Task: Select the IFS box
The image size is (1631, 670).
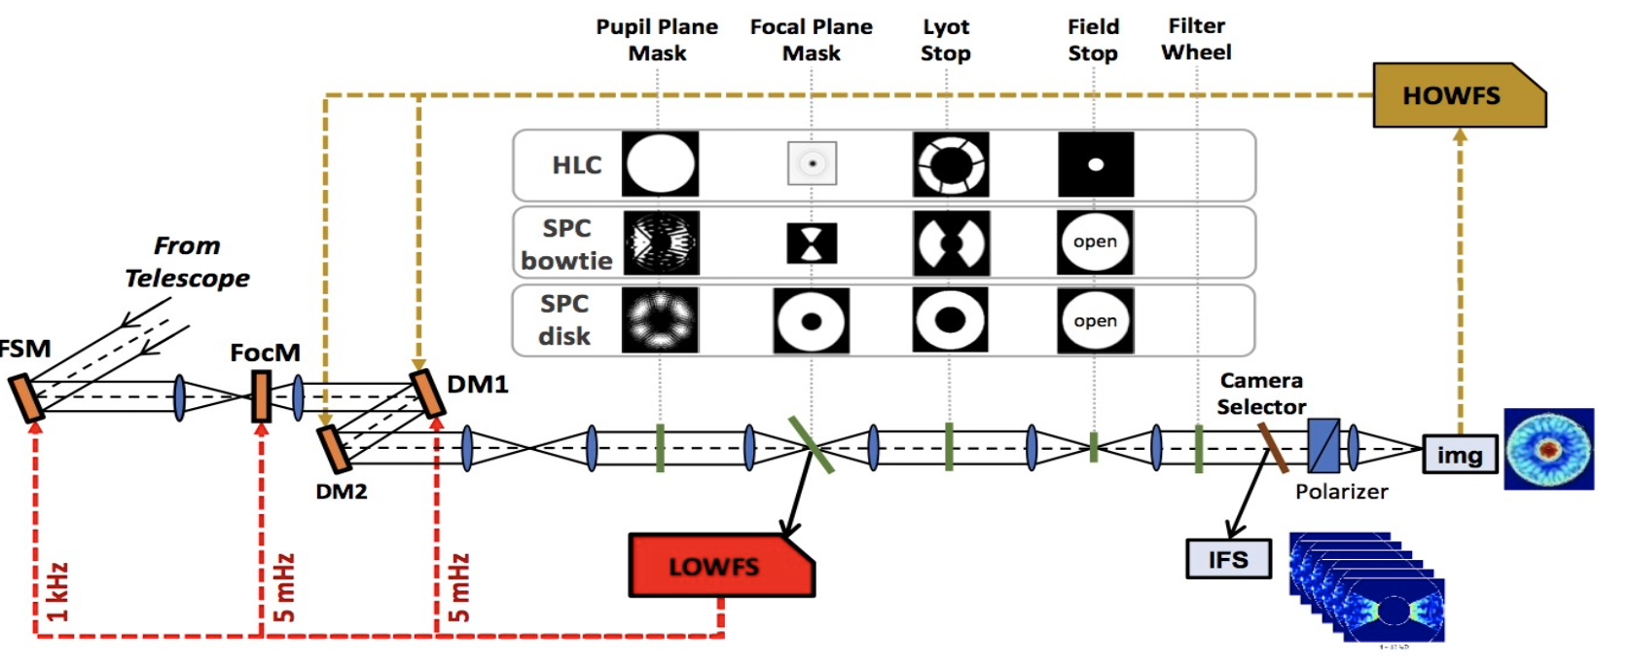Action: pos(1228,559)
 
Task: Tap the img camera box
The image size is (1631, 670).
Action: pos(1459,455)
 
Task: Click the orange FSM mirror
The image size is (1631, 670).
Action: pos(27,397)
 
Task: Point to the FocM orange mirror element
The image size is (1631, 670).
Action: pos(261,395)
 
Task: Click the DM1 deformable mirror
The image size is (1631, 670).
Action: pos(427,392)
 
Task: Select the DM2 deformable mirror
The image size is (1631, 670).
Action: pos(333,449)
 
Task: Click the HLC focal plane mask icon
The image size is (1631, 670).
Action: pos(812,165)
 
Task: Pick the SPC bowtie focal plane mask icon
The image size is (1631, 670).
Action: pos(812,243)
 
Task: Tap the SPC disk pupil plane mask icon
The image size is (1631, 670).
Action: pos(660,320)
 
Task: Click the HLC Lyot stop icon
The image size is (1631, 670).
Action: pos(950,165)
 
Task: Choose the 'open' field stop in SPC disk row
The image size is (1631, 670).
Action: pos(1095,320)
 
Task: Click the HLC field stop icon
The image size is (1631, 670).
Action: pos(1096,165)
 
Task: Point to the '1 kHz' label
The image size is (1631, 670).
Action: pos(58,592)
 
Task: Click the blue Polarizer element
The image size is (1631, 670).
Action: pos(1323,446)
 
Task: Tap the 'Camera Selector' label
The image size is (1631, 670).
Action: pos(1261,393)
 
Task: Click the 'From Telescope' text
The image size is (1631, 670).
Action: pos(187,262)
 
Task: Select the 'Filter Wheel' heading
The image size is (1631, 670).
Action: pos(1196,39)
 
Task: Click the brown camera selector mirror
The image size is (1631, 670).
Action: pos(1273,448)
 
